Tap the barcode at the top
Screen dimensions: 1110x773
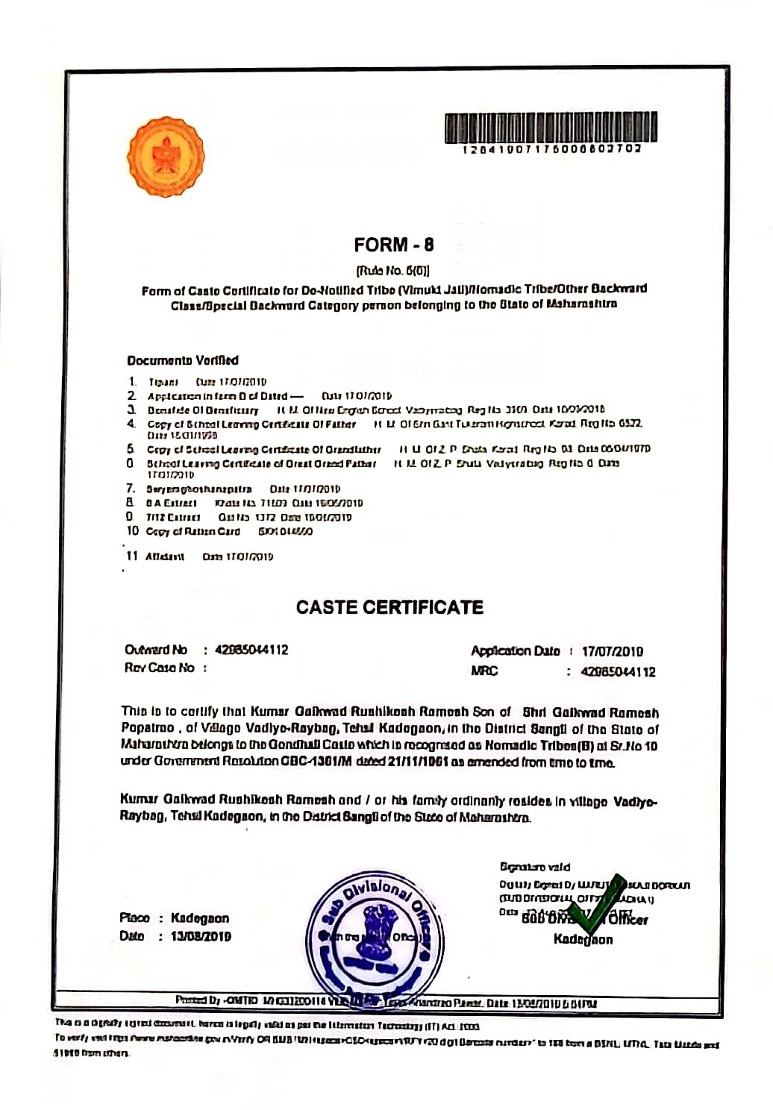pos(551,128)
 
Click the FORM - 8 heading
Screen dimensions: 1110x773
pos(393,245)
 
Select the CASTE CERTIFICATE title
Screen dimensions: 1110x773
pos(389,607)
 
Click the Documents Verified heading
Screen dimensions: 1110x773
pos(183,360)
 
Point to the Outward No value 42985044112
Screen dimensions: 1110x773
pos(251,650)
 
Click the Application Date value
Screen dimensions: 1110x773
pos(613,651)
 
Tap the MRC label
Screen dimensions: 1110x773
pos(484,671)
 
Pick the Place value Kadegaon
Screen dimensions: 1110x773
pos(200,918)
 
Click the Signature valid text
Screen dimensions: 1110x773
pos(535,867)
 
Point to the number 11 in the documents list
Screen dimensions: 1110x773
pos(132,556)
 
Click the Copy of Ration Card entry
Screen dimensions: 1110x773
pos(193,531)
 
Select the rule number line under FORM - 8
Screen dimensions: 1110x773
pos(393,270)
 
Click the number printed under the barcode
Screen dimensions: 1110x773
pos(551,149)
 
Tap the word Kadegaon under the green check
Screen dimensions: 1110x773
pos(583,939)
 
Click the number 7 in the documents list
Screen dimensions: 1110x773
pos(131,489)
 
